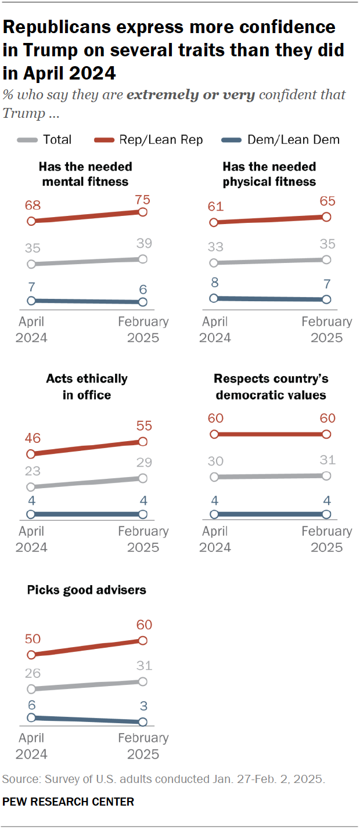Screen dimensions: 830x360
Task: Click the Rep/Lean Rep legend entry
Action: pos(148,139)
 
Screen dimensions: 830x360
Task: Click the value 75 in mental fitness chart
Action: pos(143,200)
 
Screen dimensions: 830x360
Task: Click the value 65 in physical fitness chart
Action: pos(326,203)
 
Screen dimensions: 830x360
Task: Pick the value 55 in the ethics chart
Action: pos(143,425)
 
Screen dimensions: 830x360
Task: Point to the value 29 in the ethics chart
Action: pos(143,463)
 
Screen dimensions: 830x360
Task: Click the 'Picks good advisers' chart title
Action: pos(87,590)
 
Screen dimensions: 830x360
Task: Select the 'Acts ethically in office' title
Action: pos(87,387)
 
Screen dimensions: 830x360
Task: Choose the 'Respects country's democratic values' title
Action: pos(271,387)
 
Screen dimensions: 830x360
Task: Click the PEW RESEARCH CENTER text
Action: pos(68,802)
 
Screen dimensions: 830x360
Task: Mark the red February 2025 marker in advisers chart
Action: pos(143,640)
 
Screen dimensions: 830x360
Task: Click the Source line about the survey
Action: pos(164,779)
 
